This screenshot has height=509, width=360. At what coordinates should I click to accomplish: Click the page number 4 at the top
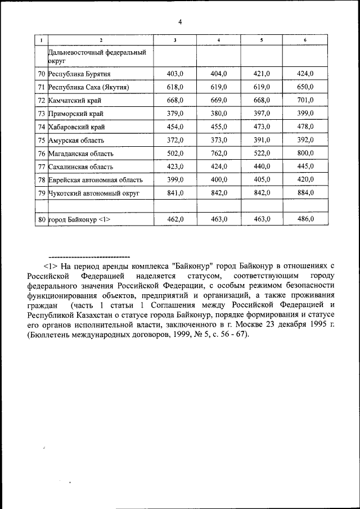180,22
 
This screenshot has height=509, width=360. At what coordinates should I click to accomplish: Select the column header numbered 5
262,39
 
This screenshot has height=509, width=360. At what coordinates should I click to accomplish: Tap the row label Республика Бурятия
79,74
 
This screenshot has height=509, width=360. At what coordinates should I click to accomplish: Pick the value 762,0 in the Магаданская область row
218,154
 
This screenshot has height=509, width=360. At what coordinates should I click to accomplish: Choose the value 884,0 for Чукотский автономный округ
305,193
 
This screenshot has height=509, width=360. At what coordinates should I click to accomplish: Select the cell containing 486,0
305,220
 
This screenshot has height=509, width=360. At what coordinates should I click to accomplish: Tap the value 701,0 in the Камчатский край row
305,101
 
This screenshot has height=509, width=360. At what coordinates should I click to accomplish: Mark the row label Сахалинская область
81,167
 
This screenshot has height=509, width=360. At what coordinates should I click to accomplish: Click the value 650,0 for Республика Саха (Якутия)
305,87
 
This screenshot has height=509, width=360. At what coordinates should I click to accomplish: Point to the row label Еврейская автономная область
95,181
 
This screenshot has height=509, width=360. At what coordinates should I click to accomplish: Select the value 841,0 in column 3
175,193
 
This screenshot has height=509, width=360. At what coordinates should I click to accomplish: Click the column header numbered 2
101,39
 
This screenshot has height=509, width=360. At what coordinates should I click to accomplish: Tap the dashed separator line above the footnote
89,256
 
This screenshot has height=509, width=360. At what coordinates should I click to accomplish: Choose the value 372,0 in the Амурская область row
175,141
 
